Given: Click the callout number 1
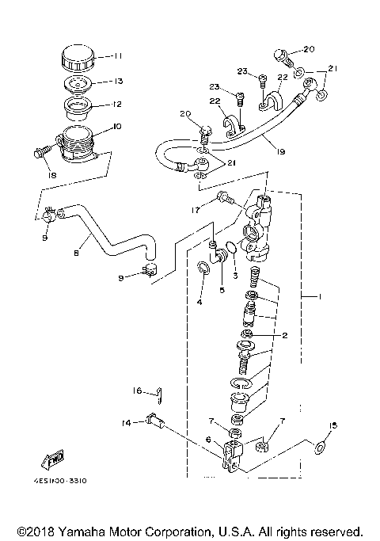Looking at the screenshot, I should coord(320,297).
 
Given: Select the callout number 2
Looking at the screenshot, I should coord(285,336).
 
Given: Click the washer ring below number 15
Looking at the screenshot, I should coord(321,448).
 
